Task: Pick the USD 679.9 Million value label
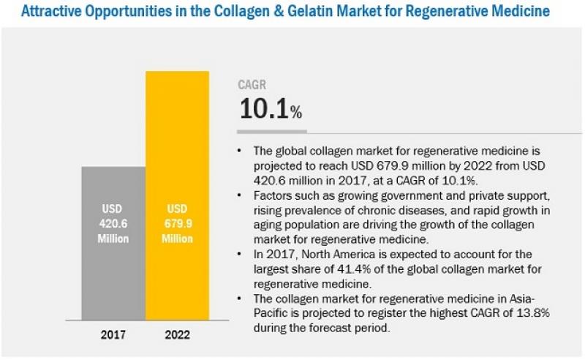[x=178, y=223]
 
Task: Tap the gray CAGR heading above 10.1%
[x=252, y=86]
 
